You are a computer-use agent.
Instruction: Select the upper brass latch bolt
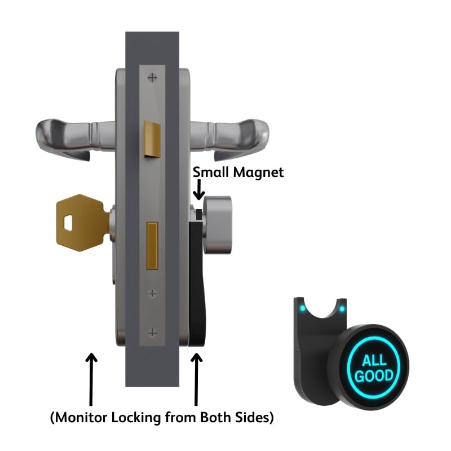click(152, 139)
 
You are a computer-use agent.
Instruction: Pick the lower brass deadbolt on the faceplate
click(152, 245)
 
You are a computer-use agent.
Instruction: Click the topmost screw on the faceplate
click(152, 76)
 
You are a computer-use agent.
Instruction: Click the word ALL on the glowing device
click(374, 361)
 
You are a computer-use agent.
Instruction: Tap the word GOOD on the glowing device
click(374, 376)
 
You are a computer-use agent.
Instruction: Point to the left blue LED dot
click(303, 309)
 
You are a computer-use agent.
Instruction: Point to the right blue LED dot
click(342, 308)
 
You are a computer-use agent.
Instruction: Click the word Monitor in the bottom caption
click(85, 418)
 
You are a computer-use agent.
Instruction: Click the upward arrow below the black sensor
click(197, 378)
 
